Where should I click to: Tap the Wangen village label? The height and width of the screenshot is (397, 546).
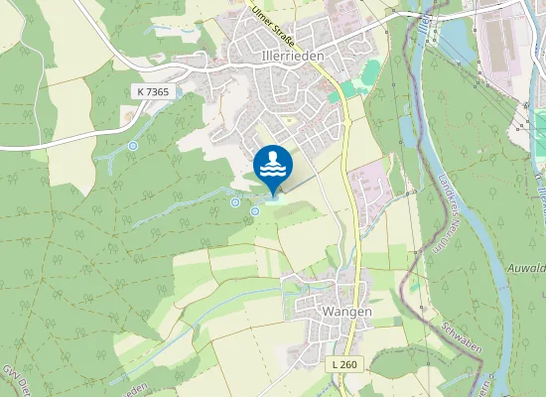point(346,311)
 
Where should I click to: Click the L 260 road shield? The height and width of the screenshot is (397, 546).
point(343,364)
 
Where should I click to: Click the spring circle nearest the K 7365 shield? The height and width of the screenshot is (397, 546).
point(133,146)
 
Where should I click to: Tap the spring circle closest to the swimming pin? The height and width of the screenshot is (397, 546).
point(255,210)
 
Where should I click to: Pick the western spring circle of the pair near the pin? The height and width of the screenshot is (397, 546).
point(235,202)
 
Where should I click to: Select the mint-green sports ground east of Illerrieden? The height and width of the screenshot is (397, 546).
point(369,72)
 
